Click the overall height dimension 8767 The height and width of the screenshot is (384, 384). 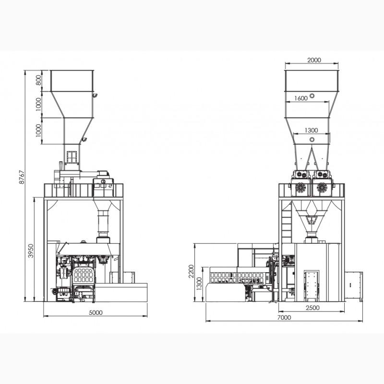tap(22, 177)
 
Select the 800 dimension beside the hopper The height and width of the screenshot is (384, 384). tap(38, 80)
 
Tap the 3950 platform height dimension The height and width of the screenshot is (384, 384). tap(31, 251)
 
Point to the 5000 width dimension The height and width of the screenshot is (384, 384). tap(96, 312)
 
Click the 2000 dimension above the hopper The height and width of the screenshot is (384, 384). tap(314, 60)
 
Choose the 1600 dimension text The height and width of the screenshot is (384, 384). tap(301, 98)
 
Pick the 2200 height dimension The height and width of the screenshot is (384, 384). tap(191, 271)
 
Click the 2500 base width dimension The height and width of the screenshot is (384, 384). tap(313, 308)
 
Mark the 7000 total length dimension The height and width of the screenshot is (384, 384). tap(284, 317)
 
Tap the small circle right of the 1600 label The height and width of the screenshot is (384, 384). tap(312, 96)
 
